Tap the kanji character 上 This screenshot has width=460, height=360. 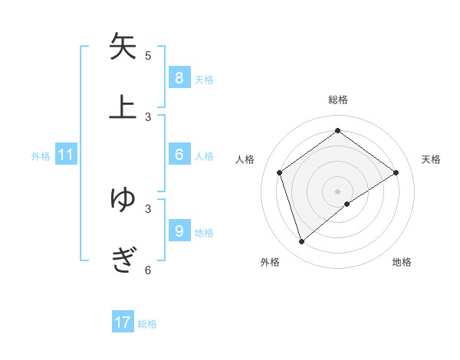[x=123, y=107]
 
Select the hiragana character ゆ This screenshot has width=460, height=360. [x=123, y=198]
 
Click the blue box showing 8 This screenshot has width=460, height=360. [x=179, y=77]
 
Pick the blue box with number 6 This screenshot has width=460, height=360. [x=179, y=155]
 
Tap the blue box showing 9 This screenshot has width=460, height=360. [x=179, y=231]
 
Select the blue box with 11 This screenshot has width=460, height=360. [x=66, y=155]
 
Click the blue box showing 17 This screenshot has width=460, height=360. [x=123, y=322]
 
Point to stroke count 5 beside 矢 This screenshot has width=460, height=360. [x=148, y=55]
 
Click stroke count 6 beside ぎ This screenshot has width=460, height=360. [x=148, y=270]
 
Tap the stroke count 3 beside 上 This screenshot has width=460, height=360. [x=148, y=116]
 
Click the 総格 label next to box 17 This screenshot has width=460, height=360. [x=147, y=324]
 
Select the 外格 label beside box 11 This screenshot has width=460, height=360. [x=41, y=156]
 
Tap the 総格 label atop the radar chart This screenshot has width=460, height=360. [x=337, y=100]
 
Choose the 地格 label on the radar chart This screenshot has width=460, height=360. [x=402, y=262]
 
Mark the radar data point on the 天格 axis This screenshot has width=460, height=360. [x=396, y=172]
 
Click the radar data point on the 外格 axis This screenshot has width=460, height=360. [x=302, y=242]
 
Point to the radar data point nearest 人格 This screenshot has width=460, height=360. [x=280, y=172]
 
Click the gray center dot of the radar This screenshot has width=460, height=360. [x=337, y=190]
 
